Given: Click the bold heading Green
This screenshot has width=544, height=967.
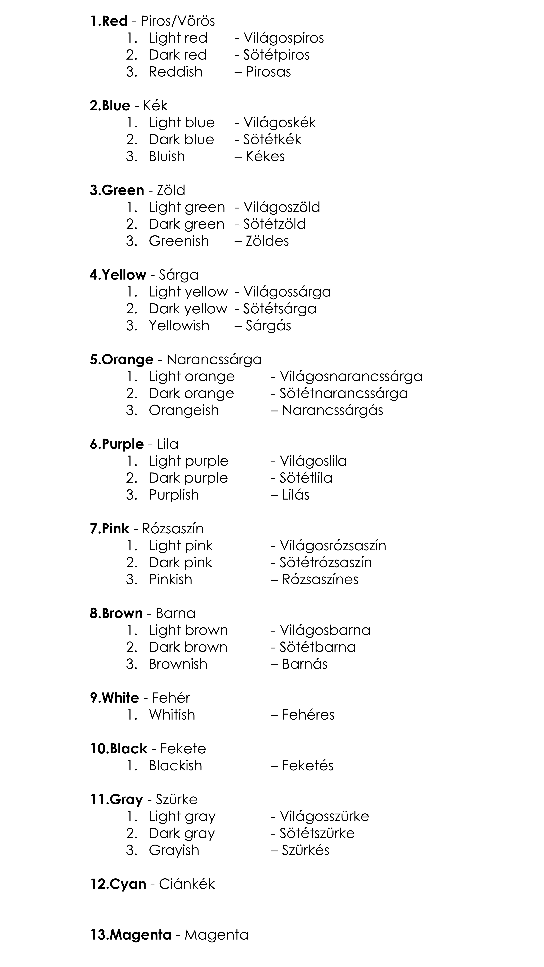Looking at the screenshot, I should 123,190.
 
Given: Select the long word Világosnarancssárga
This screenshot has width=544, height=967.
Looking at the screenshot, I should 351,377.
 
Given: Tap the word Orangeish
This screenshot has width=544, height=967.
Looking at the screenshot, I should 184,410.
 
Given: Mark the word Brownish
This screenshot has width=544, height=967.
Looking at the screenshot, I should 178,664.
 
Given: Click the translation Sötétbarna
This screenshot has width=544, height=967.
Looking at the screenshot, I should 318,647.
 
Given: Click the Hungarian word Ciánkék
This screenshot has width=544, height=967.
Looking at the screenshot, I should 187,884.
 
